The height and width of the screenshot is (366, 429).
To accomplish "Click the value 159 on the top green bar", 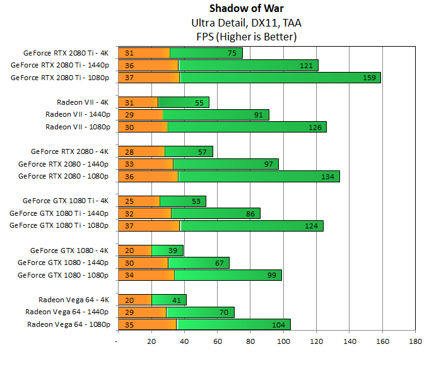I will pyautogui.click(x=369, y=78).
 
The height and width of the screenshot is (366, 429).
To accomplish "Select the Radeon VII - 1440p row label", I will pyautogui.click(x=78, y=114).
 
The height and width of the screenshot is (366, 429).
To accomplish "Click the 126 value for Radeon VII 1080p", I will pyautogui.click(x=315, y=127).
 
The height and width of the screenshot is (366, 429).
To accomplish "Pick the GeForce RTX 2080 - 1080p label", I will pyautogui.click(x=64, y=176).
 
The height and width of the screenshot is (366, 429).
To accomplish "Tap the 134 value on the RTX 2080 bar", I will pyautogui.click(x=328, y=176).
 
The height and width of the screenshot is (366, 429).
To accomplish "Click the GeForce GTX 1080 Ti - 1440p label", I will pyautogui.click(x=60, y=213).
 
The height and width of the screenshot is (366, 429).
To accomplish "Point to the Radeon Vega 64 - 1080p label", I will pyautogui.click(x=69, y=324).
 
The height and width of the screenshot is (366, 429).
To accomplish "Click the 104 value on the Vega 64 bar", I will pyautogui.click(x=278, y=324).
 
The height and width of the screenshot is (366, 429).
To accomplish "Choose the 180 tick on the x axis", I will pyautogui.click(x=416, y=341).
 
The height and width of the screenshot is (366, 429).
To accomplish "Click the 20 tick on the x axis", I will pyautogui.click(x=150, y=341).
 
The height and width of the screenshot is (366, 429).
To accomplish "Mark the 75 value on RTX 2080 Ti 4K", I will pyautogui.click(x=233, y=53).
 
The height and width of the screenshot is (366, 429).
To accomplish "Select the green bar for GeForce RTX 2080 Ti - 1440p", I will pyautogui.click(x=247, y=65).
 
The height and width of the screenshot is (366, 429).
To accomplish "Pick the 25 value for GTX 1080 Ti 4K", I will pyautogui.click(x=129, y=201).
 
